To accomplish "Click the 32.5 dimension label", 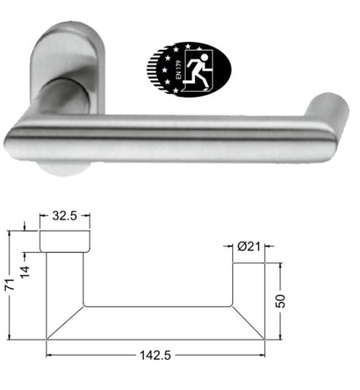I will (65, 217).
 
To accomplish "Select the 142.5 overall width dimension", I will (156, 356).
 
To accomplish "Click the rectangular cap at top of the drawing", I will (65, 240).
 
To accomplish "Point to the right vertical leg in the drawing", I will (248, 283).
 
